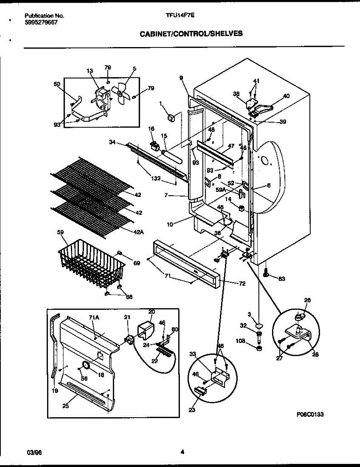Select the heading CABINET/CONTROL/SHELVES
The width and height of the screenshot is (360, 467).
(x=191, y=34)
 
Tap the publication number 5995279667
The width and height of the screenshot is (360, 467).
(x=41, y=22)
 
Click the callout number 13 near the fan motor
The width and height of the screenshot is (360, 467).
(x=90, y=71)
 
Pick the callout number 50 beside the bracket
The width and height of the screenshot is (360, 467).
(x=57, y=84)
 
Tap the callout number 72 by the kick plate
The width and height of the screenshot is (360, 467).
(x=242, y=284)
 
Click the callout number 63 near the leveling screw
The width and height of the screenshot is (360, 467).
(x=282, y=278)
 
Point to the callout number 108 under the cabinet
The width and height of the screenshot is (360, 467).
(x=241, y=341)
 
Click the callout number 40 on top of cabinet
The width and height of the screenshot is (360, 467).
(x=286, y=96)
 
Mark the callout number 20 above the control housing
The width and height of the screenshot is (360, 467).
(x=151, y=312)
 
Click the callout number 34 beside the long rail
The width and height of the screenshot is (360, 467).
(x=112, y=143)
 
